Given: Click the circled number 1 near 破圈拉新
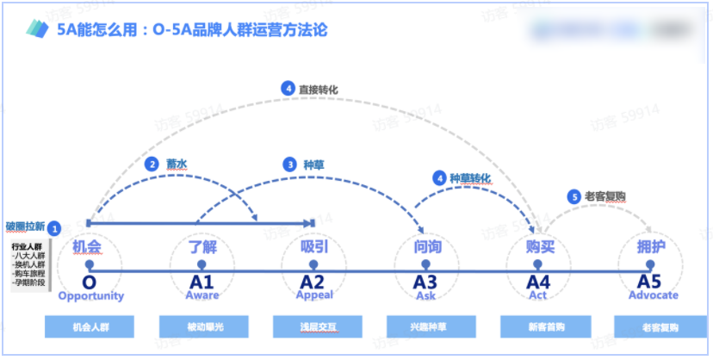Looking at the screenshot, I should pyautogui.click(x=55, y=228).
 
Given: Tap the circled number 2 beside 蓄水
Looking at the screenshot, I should pyautogui.click(x=152, y=164).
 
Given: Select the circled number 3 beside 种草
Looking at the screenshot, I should pyautogui.click(x=289, y=163).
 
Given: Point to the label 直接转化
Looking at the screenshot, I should pyautogui.click(x=317, y=89).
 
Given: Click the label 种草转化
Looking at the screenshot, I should pyautogui.click(x=469, y=178).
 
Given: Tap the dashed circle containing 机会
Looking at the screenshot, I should pyautogui.click(x=89, y=247).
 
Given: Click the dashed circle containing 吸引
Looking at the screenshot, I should pyautogui.click(x=313, y=247).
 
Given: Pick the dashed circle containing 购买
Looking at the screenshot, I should pyautogui.click(x=539, y=247).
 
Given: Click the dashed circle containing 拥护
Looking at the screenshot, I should pyautogui.click(x=652, y=247).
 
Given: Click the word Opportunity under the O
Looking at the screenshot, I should pyautogui.click(x=90, y=296).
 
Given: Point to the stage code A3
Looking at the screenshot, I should pyautogui.click(x=425, y=282).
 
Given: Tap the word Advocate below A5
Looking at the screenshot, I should pyautogui.click(x=653, y=295).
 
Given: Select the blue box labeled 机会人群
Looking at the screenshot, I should pyautogui.click(x=90, y=327).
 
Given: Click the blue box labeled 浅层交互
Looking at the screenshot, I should pyautogui.click(x=316, y=327).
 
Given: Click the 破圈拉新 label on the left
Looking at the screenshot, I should pyautogui.click(x=24, y=227).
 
